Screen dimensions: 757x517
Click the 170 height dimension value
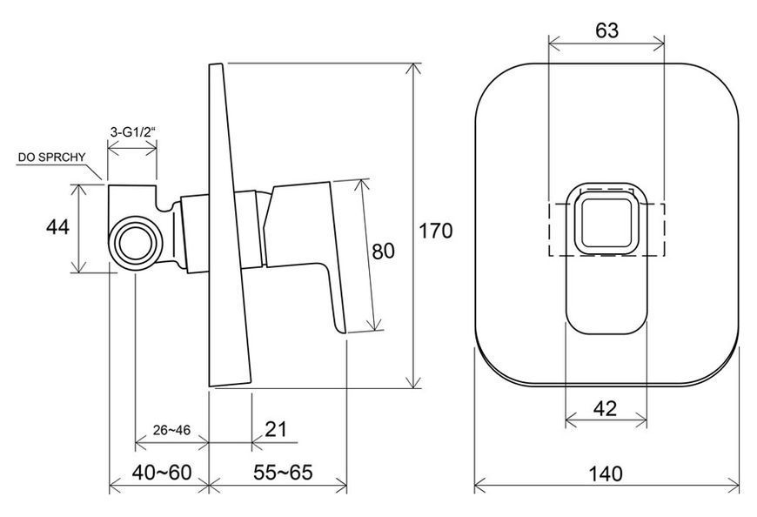(435, 231)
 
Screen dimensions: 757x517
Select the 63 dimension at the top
(606, 30)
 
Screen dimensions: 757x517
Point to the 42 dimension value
(605, 409)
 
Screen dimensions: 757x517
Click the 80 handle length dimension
(384, 251)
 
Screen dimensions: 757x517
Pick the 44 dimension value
(57, 227)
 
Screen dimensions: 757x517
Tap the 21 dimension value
(276, 429)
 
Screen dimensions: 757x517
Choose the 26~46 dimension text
(171, 430)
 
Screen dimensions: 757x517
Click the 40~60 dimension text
(162, 472)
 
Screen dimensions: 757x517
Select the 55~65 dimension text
(284, 472)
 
